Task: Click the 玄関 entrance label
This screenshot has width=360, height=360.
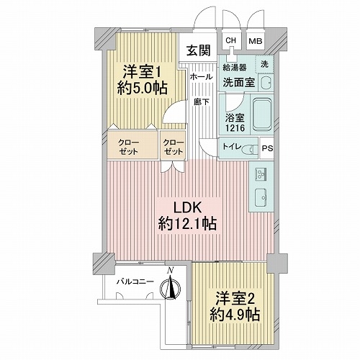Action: (199, 50)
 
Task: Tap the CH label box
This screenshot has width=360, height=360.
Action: (230, 40)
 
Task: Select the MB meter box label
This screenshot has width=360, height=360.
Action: (256, 41)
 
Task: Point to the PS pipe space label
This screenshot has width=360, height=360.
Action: (267, 148)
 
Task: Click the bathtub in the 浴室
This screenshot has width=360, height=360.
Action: (263, 115)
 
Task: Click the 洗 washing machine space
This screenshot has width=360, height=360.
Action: (264, 64)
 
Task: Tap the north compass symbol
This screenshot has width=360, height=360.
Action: (170, 286)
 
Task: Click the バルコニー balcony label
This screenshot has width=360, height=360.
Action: (135, 282)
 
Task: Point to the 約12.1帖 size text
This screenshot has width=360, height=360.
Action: (187, 224)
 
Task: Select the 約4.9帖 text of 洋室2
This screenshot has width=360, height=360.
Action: (235, 315)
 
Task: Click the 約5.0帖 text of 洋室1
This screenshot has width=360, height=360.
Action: (142, 89)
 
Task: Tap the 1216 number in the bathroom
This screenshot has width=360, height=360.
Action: (235, 127)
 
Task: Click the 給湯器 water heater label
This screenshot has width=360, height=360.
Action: (235, 68)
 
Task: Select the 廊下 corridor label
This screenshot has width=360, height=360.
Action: (202, 102)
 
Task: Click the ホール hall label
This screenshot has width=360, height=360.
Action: (202, 77)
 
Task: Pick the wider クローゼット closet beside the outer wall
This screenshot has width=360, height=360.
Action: (132, 145)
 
